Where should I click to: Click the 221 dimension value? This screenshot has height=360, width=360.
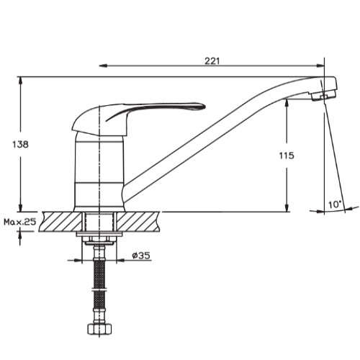click(x=212, y=61)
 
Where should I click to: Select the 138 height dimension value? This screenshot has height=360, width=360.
click(x=20, y=144)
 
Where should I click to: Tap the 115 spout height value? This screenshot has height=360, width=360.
click(x=287, y=156)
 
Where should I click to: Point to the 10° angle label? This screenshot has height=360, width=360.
click(x=335, y=204)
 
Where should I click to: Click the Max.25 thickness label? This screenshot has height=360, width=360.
click(x=20, y=222)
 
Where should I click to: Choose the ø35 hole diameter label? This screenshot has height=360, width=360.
click(x=141, y=256)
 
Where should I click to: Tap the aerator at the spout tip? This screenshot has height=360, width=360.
click(x=323, y=95)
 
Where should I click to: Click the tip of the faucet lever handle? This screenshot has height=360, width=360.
click(x=204, y=106)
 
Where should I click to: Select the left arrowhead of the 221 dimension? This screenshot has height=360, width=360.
click(x=103, y=66)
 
